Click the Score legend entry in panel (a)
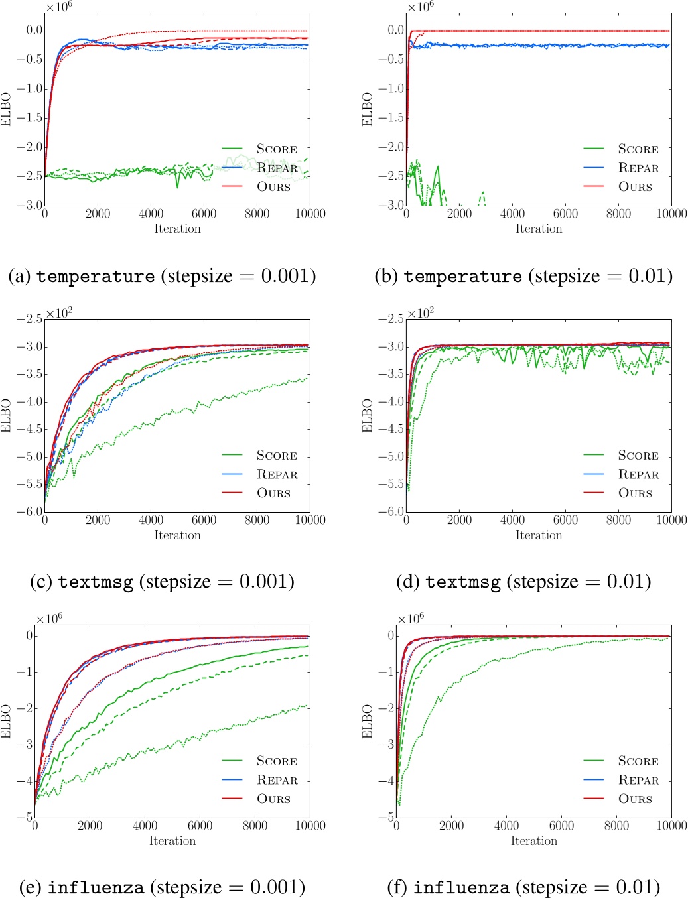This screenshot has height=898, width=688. (x=277, y=149)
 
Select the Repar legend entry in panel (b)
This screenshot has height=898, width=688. (x=638, y=168)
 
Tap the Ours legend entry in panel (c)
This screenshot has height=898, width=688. (x=273, y=493)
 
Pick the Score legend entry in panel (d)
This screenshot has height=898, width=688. (x=638, y=456)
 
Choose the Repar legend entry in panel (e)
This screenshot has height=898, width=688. (x=277, y=780)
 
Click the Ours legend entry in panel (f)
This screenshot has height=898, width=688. (x=635, y=799)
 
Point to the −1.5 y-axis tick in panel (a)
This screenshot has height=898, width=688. (x=29, y=117)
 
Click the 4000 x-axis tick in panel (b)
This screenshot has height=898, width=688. (x=512, y=214)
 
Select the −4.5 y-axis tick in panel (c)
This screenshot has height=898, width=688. (x=29, y=429)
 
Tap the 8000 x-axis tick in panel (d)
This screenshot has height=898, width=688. (x=618, y=520)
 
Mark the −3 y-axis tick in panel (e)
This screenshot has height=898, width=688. (x=25, y=745)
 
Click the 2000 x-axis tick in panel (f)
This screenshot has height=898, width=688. (x=451, y=826)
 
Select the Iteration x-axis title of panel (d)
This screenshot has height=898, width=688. (x=539, y=535)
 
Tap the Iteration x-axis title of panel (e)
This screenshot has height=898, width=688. (x=172, y=841)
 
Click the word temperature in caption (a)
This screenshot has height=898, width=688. (x=95, y=276)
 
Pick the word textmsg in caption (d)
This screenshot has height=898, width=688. (x=462, y=582)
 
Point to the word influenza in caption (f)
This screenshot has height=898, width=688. (x=461, y=887)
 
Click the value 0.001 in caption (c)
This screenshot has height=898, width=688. (x=266, y=582)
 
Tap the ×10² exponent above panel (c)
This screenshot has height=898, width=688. (x=59, y=312)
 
